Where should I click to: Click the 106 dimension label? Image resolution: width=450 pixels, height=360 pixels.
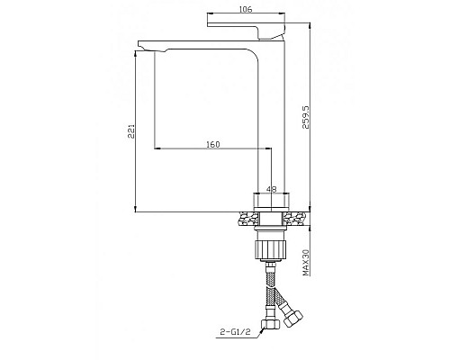(246, 9)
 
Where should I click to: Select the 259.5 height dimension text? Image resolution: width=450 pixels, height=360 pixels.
(306, 117)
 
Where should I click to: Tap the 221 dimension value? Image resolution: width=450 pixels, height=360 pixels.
(131, 131)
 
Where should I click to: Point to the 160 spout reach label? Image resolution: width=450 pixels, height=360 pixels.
(213, 144)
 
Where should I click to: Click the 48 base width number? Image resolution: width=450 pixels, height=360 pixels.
(272, 189)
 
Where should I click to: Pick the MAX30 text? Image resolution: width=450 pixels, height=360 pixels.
(306, 263)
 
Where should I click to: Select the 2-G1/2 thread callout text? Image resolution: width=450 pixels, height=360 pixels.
(236, 332)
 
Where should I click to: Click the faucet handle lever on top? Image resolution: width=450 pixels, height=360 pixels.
(246, 30)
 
